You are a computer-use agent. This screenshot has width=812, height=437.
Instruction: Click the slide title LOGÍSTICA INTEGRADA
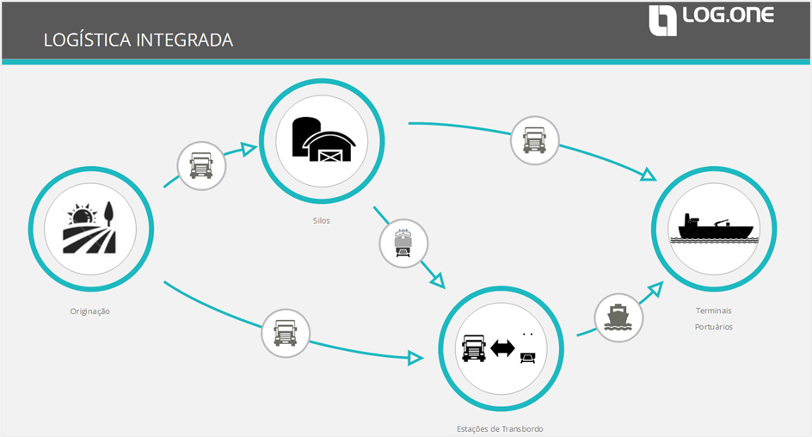(x=138, y=40)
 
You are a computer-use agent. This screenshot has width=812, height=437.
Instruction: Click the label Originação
(x=90, y=311)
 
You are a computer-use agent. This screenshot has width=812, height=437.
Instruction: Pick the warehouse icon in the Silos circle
(x=322, y=138)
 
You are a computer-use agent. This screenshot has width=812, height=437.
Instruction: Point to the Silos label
(x=322, y=220)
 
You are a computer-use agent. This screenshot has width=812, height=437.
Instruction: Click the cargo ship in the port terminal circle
(x=715, y=226)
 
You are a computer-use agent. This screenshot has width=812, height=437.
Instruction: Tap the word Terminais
(x=714, y=311)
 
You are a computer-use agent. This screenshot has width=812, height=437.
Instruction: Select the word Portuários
(x=714, y=327)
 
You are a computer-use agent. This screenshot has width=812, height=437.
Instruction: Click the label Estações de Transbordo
(x=500, y=428)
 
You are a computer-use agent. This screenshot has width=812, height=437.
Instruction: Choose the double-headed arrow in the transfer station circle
(x=502, y=348)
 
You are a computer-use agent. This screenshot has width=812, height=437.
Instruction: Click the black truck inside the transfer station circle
(x=474, y=348)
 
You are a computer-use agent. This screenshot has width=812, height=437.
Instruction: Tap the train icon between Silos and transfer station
(x=403, y=243)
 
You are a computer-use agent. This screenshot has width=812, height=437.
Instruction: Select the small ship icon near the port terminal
(x=618, y=317)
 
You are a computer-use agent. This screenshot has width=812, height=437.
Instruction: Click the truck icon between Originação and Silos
(x=201, y=164)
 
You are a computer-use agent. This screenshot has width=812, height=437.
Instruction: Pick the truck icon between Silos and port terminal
(x=534, y=139)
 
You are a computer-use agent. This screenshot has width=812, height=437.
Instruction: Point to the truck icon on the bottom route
(x=285, y=332)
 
